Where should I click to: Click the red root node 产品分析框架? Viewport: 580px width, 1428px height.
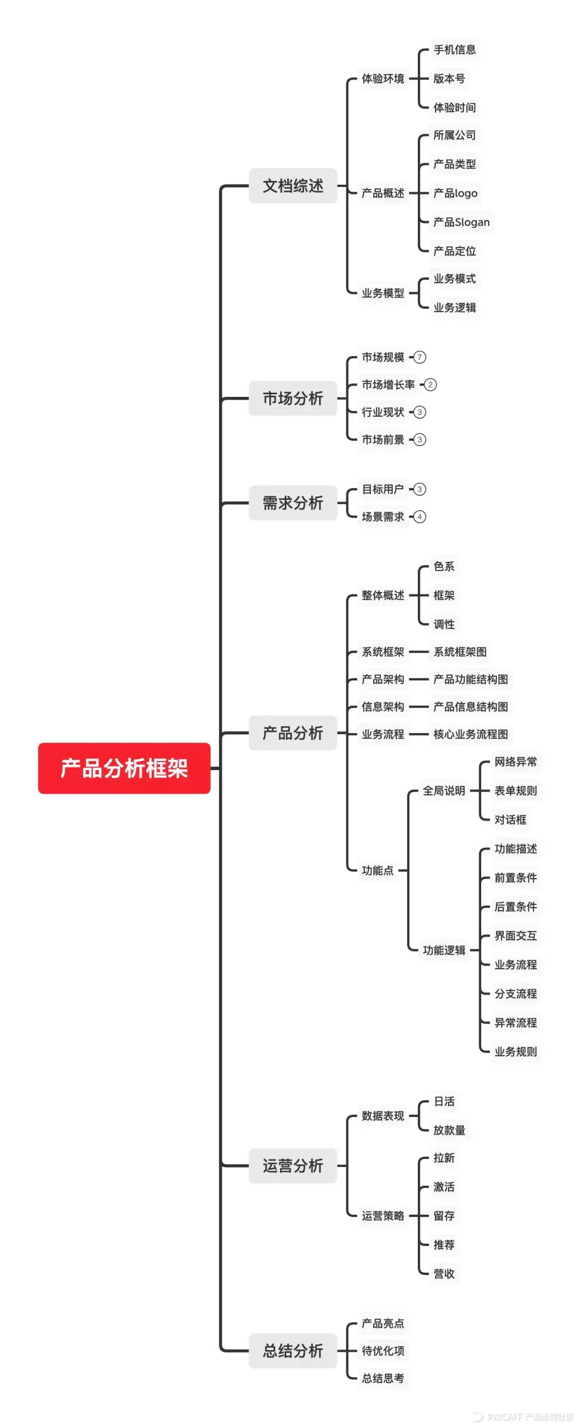[124, 768]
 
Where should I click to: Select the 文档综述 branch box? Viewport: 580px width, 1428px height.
[293, 186]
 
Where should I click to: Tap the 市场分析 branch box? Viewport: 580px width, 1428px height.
[293, 398]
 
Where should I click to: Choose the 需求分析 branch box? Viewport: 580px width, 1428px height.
[293, 503]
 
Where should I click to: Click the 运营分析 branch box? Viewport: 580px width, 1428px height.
[293, 1165]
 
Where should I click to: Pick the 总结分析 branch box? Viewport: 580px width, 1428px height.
[293, 1350]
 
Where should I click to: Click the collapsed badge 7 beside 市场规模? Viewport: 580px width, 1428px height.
[420, 357]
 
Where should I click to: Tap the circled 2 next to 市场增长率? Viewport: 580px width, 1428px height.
[430, 385]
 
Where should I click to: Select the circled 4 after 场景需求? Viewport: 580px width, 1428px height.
[420, 517]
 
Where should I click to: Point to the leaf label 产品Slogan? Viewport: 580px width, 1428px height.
[461, 222]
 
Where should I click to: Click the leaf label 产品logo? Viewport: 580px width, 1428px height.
[455, 193]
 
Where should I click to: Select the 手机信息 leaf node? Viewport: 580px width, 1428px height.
[455, 50]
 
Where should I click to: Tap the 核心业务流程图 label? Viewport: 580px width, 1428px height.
[471, 734]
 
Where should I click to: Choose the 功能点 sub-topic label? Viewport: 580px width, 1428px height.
[378, 871]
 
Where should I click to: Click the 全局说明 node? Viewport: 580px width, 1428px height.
[444, 791]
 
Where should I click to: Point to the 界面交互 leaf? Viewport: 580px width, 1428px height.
[516, 936]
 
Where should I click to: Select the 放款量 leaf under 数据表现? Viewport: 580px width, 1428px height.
[449, 1130]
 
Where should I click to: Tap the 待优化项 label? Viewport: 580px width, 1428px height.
[383, 1350]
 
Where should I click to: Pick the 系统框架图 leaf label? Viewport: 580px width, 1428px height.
[460, 652]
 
